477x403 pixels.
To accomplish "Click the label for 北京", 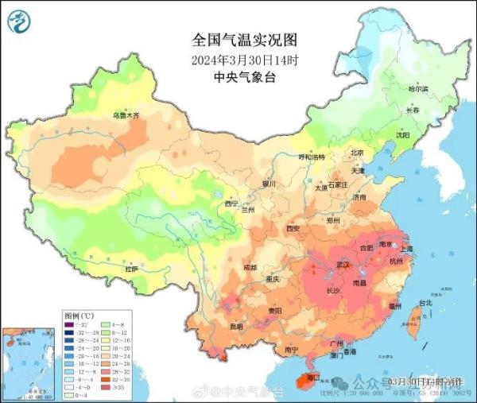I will point(357,153).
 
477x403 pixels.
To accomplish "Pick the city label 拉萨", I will point(131,269).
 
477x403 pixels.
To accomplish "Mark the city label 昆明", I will point(235,327).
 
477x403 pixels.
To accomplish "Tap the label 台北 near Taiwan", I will point(425,303).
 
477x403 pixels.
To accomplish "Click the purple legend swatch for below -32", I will point(69,324).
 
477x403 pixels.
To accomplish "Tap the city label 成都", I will point(250,267).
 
